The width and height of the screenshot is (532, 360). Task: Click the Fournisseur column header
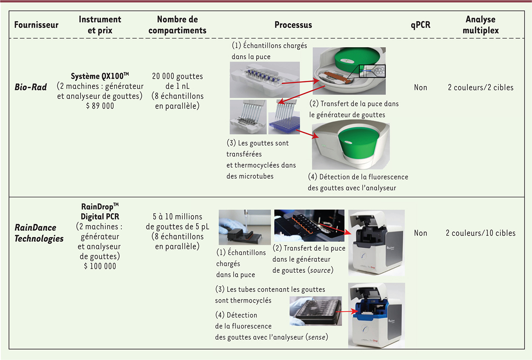(x=36, y=25)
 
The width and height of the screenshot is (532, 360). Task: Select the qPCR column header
(x=420, y=25)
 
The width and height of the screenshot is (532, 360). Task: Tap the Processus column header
(x=293, y=25)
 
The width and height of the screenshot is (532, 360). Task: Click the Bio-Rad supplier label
(x=31, y=87)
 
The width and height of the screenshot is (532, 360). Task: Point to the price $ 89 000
(x=100, y=106)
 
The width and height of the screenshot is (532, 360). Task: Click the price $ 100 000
(x=100, y=266)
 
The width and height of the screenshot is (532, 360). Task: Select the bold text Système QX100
(x=100, y=76)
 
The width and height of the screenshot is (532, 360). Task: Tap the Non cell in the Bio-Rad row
(x=420, y=87)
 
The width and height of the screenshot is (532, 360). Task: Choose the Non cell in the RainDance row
(x=420, y=233)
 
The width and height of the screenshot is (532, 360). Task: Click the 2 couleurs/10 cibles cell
(x=481, y=233)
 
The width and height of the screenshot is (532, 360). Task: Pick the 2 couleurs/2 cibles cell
(x=481, y=87)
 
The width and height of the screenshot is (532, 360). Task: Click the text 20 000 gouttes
(x=177, y=76)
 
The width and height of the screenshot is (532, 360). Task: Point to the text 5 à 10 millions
(x=177, y=217)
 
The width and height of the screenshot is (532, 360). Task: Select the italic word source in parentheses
(x=320, y=270)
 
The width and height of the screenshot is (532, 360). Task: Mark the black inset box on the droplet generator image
(x=372, y=71)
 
